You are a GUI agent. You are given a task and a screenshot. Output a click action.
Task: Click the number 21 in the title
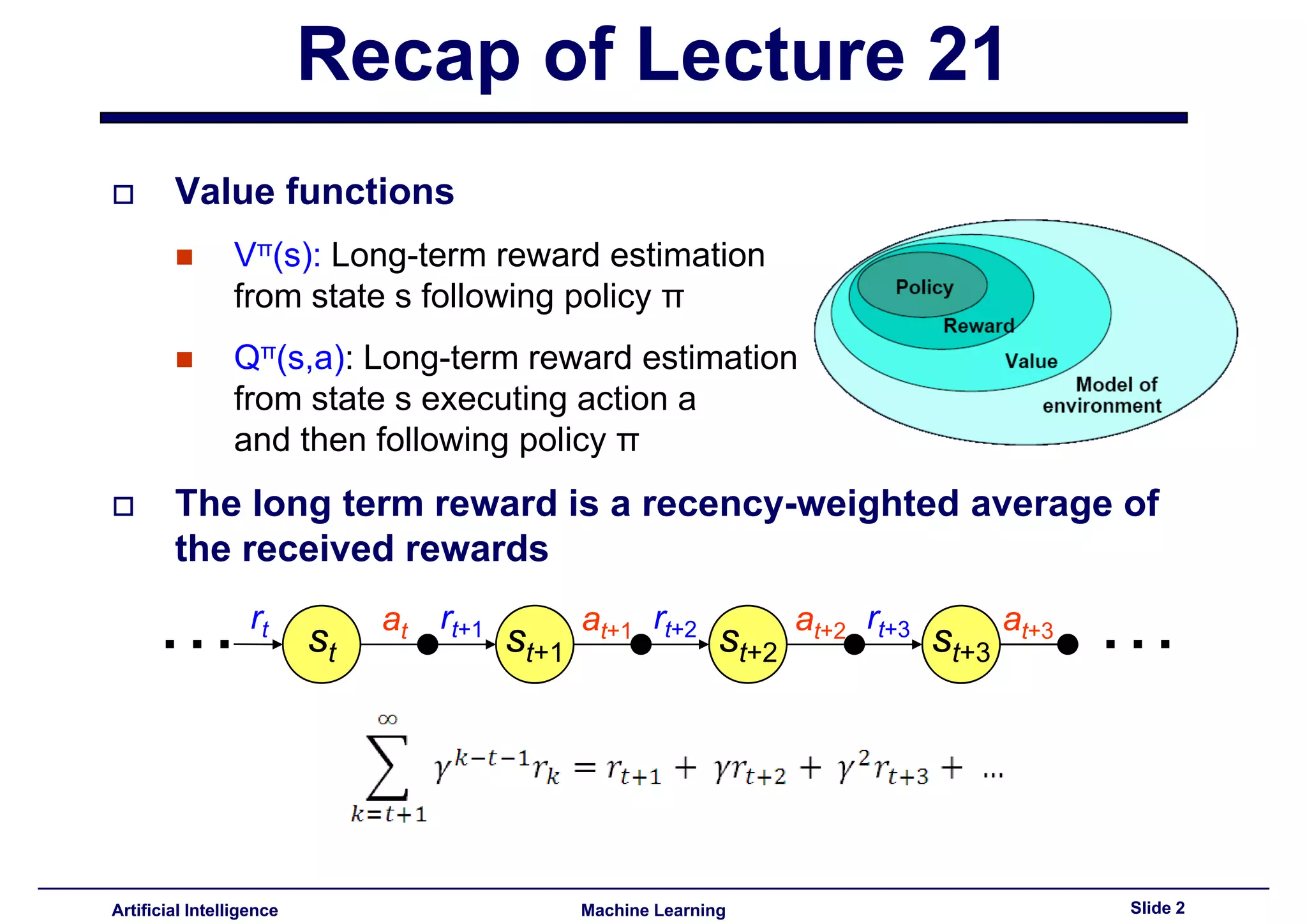pyautogui.click(x=965, y=56)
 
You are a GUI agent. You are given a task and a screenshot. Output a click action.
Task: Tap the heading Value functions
pyautogui.click(x=314, y=191)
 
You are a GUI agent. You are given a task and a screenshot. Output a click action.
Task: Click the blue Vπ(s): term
pyautogui.click(x=277, y=255)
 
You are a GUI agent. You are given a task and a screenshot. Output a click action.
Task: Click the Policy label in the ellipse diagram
pyautogui.click(x=924, y=287)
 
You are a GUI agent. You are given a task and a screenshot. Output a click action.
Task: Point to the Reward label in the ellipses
pyautogui.click(x=978, y=326)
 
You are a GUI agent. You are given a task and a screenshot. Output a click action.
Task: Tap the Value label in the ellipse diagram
pyautogui.click(x=1031, y=361)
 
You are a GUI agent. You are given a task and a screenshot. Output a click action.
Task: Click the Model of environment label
pyautogui.click(x=1103, y=395)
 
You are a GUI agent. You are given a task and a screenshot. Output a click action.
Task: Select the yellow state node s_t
pyautogui.click(x=322, y=644)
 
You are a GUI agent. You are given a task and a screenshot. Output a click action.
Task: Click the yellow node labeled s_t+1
pyautogui.click(x=535, y=644)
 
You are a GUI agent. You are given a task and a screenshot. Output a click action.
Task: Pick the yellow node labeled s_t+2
pyautogui.click(x=748, y=644)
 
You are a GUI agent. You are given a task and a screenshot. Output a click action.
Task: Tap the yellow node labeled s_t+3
pyautogui.click(x=961, y=644)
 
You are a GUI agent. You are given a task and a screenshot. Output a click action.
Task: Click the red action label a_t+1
pyautogui.click(x=606, y=623)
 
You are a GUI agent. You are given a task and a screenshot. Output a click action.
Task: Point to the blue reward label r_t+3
pyautogui.click(x=888, y=623)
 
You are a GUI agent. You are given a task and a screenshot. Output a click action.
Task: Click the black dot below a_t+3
pyautogui.click(x=1068, y=645)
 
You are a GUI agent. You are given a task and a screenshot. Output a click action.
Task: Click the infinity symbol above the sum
pyautogui.click(x=387, y=720)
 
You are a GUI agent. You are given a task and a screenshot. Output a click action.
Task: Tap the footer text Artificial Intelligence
pyautogui.click(x=195, y=910)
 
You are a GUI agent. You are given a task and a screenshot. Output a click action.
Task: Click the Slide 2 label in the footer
pyautogui.click(x=1157, y=908)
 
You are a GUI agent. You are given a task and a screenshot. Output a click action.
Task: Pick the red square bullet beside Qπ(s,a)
pyautogui.click(x=184, y=359)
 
